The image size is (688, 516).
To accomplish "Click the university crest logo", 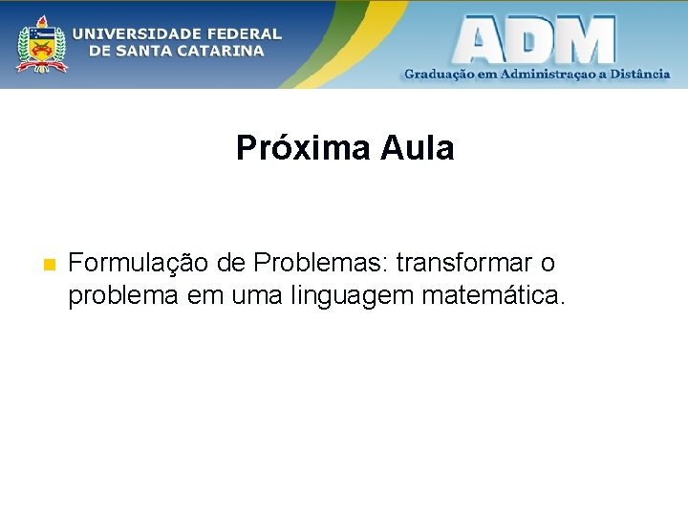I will point(40,43).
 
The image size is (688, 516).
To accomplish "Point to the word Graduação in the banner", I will point(439,75).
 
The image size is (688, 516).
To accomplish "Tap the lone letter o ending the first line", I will point(547,263).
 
